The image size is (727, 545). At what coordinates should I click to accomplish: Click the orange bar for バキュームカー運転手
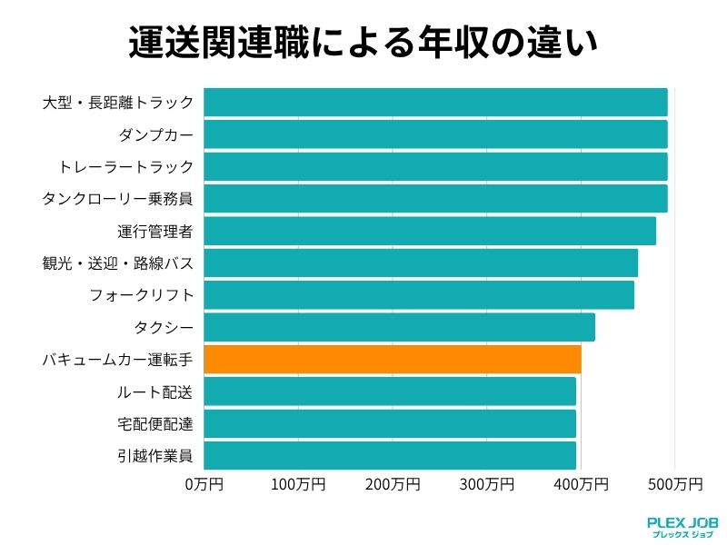point(392,359)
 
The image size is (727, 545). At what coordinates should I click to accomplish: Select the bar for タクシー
point(399,327)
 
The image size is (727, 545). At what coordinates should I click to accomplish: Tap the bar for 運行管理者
point(429,231)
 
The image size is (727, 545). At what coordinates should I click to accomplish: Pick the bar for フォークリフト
point(418,295)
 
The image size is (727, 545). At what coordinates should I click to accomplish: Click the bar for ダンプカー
point(435,134)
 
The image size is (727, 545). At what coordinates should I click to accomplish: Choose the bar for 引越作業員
point(390,455)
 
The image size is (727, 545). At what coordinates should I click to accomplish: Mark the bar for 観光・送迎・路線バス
point(420,263)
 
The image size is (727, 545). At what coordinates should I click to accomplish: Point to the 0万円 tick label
point(204,484)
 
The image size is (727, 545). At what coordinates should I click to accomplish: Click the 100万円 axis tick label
point(298,484)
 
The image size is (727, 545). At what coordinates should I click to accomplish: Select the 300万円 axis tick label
point(487,484)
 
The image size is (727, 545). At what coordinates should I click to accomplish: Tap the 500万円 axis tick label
point(675,484)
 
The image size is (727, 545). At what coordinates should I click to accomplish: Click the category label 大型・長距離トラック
point(118,103)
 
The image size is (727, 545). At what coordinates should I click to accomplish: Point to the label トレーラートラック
point(126,166)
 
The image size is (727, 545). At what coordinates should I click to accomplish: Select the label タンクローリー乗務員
point(118,199)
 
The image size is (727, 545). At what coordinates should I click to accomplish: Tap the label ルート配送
point(155,391)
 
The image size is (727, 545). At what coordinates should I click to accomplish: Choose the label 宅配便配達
point(155,423)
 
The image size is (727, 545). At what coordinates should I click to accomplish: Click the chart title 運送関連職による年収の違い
point(363,42)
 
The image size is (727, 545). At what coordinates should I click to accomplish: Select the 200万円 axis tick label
point(393,484)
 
